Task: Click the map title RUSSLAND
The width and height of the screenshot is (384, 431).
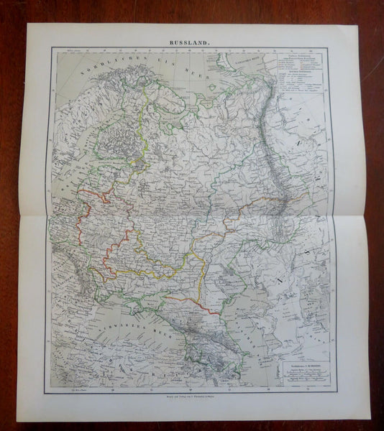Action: (x=189, y=42)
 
